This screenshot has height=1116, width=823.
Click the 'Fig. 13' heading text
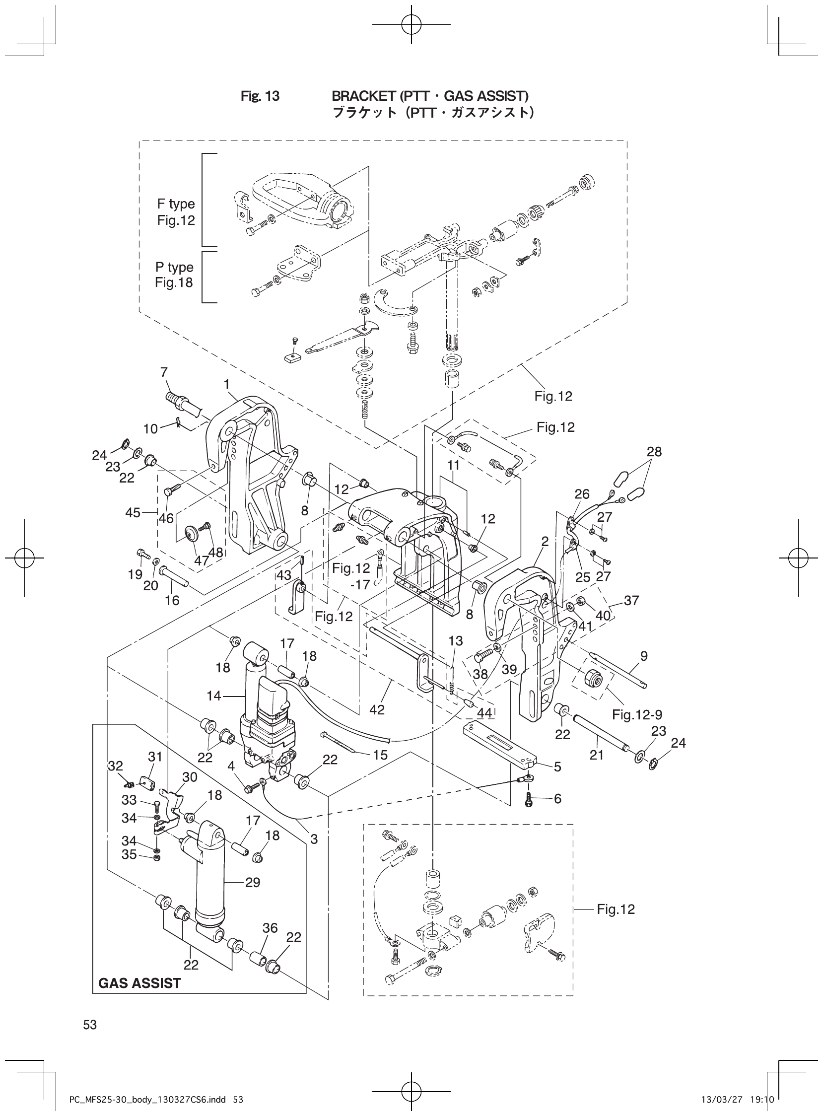click(260, 96)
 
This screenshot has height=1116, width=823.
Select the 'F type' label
click(176, 204)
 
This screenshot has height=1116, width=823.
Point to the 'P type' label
click(174, 267)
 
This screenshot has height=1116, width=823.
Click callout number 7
click(164, 372)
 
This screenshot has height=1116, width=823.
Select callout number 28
click(654, 451)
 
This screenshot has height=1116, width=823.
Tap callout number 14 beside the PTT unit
click(213, 696)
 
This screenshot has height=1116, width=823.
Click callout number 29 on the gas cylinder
click(253, 882)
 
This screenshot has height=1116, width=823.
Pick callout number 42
click(377, 709)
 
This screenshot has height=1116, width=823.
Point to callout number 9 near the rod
click(644, 656)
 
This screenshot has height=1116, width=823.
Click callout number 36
click(270, 928)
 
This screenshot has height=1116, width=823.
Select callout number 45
click(133, 512)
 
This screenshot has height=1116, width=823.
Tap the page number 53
click(90, 1025)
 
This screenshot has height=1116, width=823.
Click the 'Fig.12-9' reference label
click(637, 715)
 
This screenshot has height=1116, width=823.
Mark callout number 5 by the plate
click(557, 767)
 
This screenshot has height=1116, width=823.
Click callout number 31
click(155, 757)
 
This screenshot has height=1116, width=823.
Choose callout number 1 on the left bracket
click(227, 384)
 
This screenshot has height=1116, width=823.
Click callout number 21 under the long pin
click(596, 755)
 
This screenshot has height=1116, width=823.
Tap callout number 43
click(284, 575)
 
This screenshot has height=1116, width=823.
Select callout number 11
click(453, 465)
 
